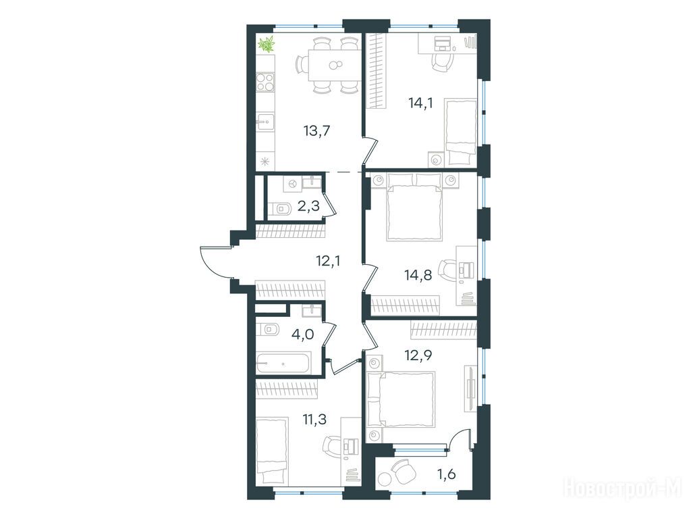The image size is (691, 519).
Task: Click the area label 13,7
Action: [x=316, y=131]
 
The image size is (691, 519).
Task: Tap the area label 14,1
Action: [x=421, y=103]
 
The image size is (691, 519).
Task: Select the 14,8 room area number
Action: [x=418, y=276]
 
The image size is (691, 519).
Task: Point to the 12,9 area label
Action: [x=418, y=355]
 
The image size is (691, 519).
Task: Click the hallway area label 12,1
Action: [x=329, y=262]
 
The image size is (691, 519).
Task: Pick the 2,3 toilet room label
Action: [x=308, y=205]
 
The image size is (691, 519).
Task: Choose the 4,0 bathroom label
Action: [x=303, y=335]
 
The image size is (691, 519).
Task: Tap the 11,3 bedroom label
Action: [x=314, y=419]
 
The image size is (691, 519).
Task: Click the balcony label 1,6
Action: [x=447, y=474]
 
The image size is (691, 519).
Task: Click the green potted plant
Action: [x=266, y=44]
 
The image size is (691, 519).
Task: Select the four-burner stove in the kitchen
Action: [x=265, y=82]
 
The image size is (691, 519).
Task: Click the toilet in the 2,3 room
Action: [x=279, y=207]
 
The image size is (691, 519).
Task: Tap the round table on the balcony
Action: [x=385, y=480]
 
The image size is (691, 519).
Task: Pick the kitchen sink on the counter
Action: [x=265, y=122]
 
